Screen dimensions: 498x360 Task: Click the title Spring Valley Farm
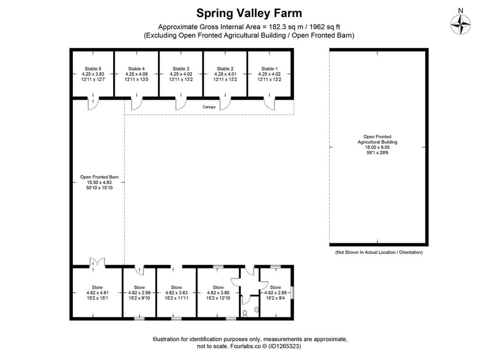(249, 13)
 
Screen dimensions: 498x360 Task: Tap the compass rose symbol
(461, 24)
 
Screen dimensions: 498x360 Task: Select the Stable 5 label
(93, 69)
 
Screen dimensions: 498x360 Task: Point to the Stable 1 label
(269, 69)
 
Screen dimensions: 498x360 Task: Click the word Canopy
(209, 107)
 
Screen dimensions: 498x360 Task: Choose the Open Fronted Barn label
(99, 177)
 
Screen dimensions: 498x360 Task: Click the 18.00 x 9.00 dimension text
(377, 147)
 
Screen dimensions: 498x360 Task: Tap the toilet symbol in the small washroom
(245, 313)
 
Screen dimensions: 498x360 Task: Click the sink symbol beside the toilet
(257, 309)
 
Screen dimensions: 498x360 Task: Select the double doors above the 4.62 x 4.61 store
(97, 262)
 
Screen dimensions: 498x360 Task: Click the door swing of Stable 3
(180, 104)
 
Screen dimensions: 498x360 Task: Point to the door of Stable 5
(93, 104)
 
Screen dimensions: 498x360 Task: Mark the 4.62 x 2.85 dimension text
(275, 293)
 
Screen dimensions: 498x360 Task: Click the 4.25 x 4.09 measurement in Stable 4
(136, 74)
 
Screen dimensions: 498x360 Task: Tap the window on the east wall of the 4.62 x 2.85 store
(292, 293)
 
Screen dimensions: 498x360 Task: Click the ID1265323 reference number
(285, 346)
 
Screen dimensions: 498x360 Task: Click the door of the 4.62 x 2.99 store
(139, 270)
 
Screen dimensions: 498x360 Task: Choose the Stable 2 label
(225, 69)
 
